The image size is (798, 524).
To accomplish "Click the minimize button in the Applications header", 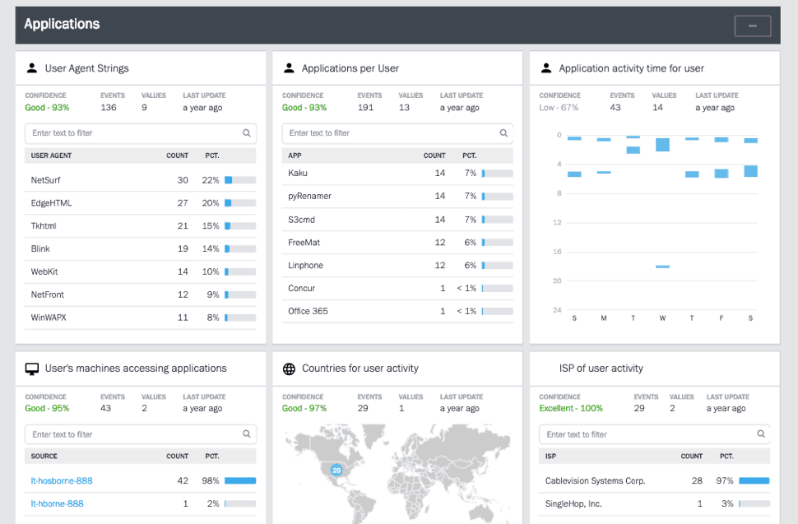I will [752, 26].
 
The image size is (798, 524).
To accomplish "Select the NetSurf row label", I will [45, 180].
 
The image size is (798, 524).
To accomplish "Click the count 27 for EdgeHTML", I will [183, 203].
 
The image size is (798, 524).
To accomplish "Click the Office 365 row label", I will [308, 312].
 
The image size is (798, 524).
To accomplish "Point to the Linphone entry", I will [305, 266].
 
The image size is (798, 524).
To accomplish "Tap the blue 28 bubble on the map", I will [336, 470].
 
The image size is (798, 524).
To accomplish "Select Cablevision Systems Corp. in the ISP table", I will [595, 481].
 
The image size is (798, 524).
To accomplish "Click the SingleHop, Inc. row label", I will [573, 504].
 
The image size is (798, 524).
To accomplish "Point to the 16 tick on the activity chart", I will [558, 252].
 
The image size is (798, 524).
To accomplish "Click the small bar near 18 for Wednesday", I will [662, 267].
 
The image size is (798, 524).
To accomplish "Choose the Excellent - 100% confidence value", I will [570, 409].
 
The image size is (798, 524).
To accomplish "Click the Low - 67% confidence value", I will [559, 108].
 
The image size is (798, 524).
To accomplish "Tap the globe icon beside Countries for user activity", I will [289, 369].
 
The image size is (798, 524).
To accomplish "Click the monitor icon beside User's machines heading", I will [32, 369].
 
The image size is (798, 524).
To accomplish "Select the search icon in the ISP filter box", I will [761, 434].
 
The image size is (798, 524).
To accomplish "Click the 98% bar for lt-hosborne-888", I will [240, 481].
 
